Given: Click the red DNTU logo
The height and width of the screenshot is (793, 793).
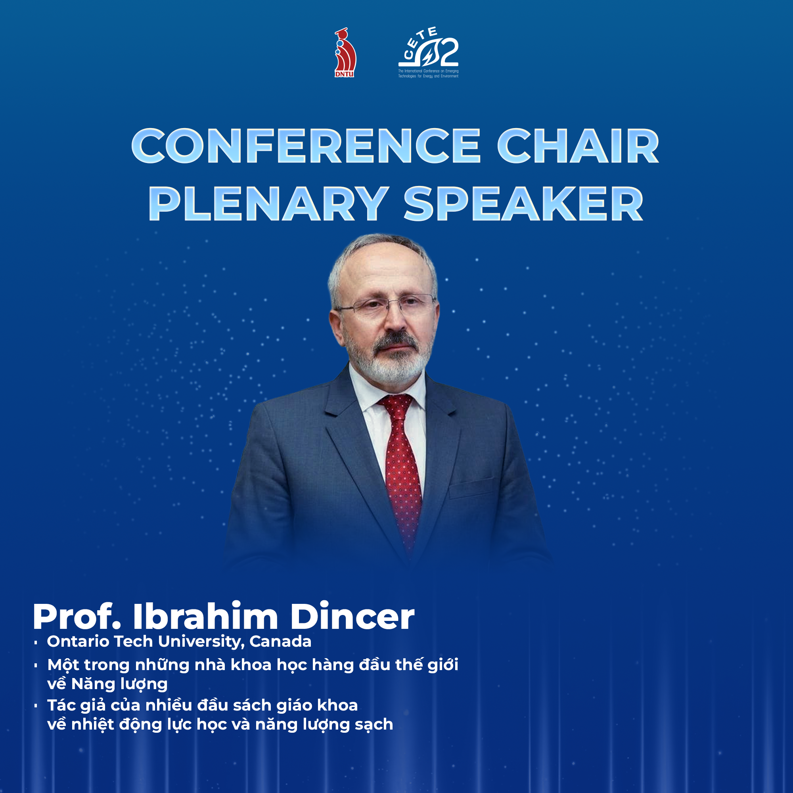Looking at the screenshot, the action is pyautogui.click(x=345, y=53).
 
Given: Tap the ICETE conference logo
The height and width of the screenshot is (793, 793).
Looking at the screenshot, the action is pyautogui.click(x=428, y=53).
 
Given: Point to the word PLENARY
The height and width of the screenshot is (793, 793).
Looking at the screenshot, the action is pyautogui.click(x=268, y=203).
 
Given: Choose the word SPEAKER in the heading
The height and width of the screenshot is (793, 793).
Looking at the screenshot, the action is pyautogui.click(x=524, y=203).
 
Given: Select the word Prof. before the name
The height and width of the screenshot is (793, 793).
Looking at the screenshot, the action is pyautogui.click(x=77, y=617).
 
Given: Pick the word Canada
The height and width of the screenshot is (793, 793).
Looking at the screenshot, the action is pyautogui.click(x=280, y=642).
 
